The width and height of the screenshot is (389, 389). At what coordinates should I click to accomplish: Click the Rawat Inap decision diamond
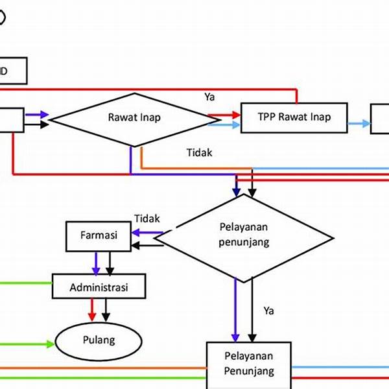[134, 118]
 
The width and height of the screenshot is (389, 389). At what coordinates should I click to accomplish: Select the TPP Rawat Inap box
[294, 117]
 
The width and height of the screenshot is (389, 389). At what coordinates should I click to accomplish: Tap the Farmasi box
[99, 236]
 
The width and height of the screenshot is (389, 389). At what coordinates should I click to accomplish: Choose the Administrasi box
[99, 287]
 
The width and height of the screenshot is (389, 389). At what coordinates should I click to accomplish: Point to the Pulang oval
[99, 340]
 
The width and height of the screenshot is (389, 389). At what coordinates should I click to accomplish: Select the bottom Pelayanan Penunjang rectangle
[249, 364]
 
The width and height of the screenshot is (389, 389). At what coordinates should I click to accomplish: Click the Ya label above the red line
[210, 97]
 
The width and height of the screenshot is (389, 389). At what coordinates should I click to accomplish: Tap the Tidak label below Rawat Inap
[199, 153]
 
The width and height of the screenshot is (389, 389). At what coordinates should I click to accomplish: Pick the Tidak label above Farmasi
[147, 219]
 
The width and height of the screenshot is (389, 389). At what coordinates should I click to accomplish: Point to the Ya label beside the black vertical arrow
[268, 311]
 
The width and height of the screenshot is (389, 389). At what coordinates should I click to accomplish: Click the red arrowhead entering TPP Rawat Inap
[235, 114]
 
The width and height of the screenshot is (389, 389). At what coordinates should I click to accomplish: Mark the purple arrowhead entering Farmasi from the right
[136, 232]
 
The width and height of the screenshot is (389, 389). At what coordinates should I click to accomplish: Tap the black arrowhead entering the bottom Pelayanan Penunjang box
[253, 337]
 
